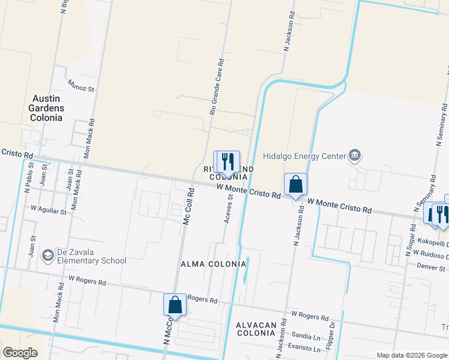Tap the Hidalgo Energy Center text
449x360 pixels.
304,156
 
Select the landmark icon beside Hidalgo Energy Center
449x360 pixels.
355,156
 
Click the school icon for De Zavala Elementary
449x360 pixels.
47,256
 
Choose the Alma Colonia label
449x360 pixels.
214,264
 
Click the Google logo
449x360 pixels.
20,353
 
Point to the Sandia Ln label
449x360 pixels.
305,336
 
